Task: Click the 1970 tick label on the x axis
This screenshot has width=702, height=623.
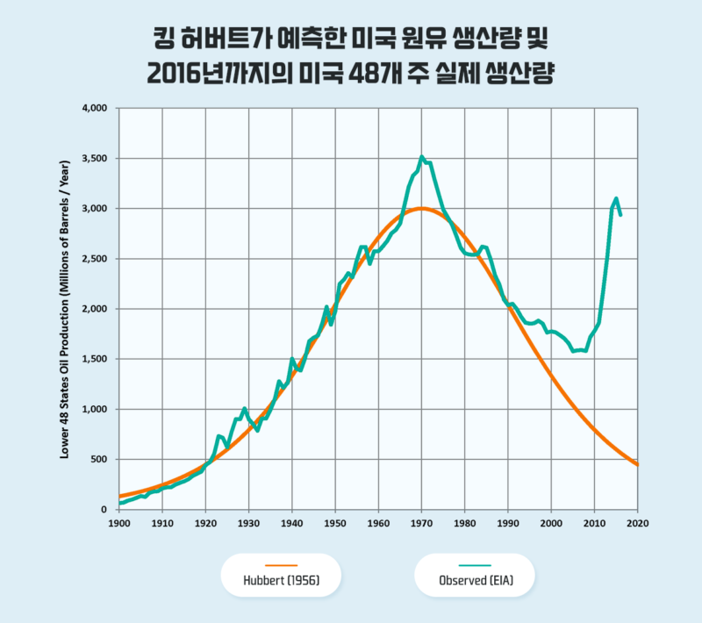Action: tap(421, 525)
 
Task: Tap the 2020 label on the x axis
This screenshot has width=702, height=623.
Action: tap(637, 525)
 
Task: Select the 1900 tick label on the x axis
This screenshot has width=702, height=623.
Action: tap(118, 525)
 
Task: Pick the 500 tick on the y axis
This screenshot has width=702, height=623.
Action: tap(98, 460)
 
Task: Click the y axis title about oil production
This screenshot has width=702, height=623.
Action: tap(65, 309)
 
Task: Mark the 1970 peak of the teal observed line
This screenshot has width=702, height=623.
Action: tap(422, 157)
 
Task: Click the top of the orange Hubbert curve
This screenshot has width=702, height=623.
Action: tap(422, 208)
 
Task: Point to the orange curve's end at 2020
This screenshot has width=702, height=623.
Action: tap(636, 463)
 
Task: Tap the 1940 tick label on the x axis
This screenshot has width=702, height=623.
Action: tap(291, 525)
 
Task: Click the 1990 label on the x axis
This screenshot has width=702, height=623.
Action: tap(507, 525)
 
